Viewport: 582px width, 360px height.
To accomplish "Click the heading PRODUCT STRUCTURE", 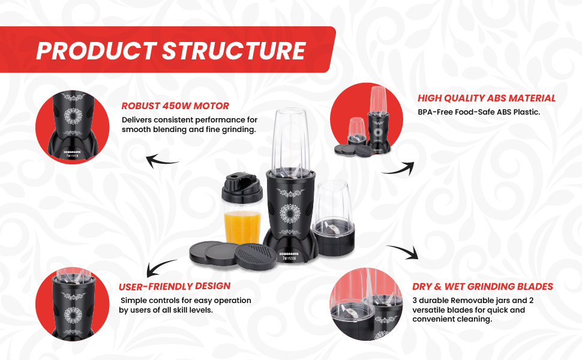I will (170, 50).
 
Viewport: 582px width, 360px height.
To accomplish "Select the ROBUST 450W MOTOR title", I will (175, 106).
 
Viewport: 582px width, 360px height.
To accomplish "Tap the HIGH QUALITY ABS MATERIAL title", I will (487, 98).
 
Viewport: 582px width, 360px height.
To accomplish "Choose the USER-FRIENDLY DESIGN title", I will (175, 286).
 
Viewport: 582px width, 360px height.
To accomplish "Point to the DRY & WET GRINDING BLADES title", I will (482, 286).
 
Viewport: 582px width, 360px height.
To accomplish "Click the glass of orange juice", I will (241, 226).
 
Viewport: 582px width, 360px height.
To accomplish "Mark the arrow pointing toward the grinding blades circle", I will (402, 252).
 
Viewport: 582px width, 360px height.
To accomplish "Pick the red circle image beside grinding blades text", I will (367, 304).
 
